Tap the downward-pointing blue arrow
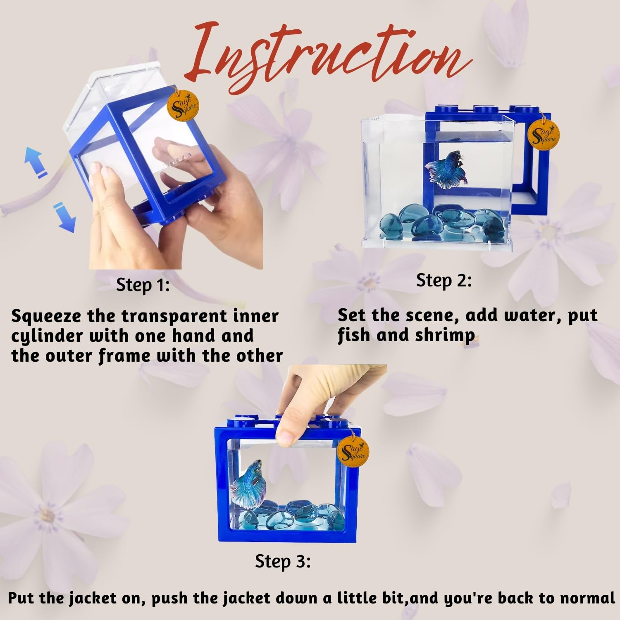coord(66,217)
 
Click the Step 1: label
coord(143,285)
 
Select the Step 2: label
coord(444,281)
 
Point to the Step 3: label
coord(283,561)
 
